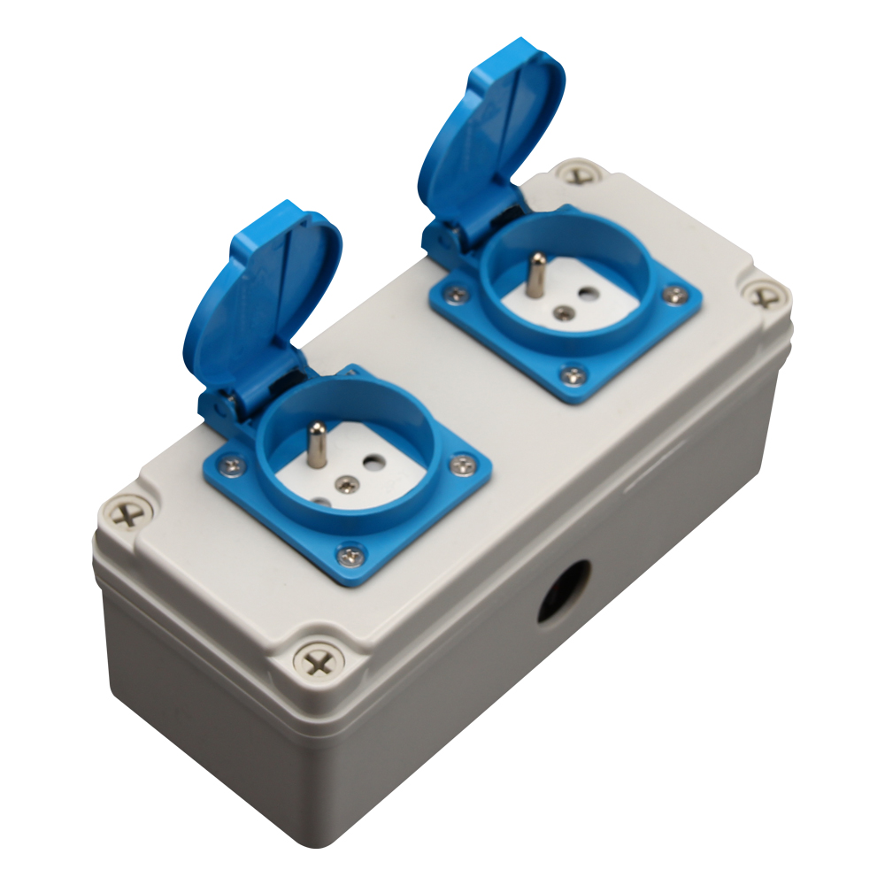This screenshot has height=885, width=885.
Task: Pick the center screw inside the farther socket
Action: (561, 312)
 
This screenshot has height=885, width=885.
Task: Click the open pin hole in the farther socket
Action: (585, 292)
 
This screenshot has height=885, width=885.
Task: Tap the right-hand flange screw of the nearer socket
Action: (461, 463)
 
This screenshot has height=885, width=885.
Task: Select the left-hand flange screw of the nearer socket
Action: (231, 463)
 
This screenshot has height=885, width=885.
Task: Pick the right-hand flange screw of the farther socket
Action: (674, 295)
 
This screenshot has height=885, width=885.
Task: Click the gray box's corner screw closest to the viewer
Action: (318, 660)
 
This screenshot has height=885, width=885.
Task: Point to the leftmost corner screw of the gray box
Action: (128, 513)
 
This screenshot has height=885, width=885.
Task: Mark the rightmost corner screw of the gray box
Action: (763, 296)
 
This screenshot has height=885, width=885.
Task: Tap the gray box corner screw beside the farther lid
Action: (578, 173)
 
